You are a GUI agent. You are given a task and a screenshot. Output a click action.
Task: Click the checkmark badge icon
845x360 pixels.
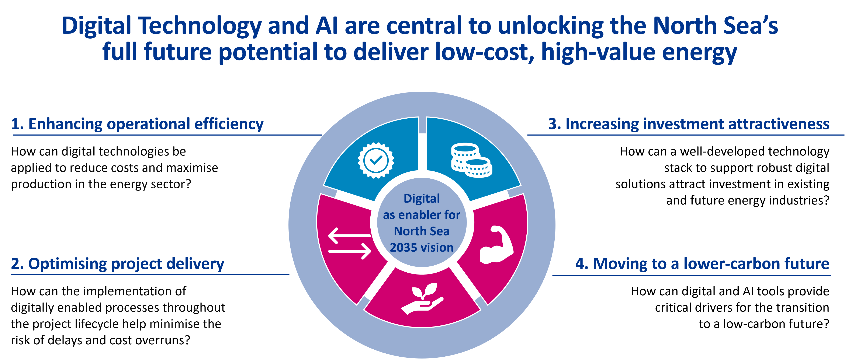click(x=376, y=160)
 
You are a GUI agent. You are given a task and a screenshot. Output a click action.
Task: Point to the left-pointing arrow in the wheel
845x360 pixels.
click(x=349, y=235)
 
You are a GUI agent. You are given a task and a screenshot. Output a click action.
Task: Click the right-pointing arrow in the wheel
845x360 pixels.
click(x=350, y=251)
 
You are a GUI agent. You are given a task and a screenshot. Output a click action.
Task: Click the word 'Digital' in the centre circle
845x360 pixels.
click(x=422, y=199)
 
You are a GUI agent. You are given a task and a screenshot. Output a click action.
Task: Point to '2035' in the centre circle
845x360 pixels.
click(x=404, y=248)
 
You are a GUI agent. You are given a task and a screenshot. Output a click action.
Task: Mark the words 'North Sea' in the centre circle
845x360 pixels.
click(x=422, y=231)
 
